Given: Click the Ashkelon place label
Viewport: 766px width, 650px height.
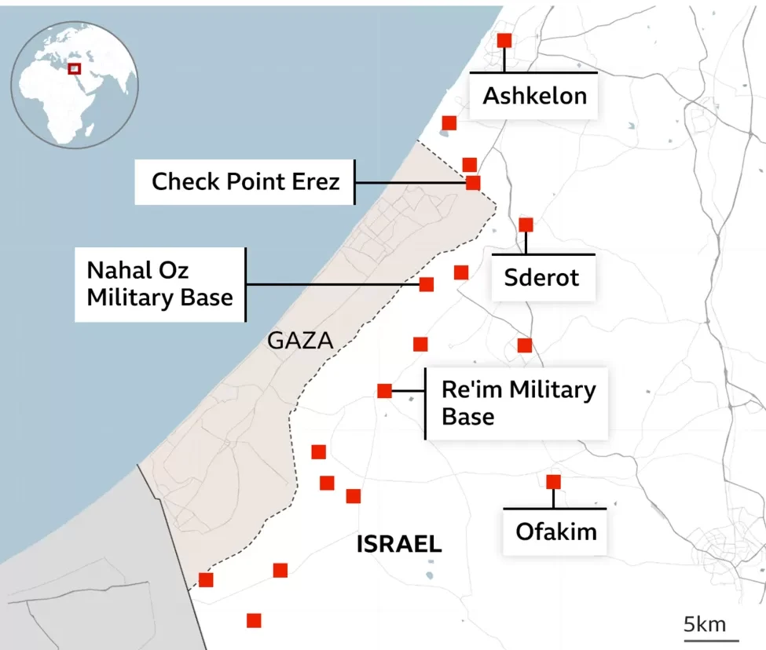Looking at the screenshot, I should point(534,96).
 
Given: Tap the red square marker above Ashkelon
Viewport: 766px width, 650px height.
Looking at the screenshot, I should point(504,40).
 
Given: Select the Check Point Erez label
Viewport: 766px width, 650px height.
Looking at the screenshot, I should point(245,182).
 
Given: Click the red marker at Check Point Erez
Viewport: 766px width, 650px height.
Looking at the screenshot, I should point(473,183).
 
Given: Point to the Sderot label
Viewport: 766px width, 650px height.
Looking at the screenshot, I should point(543,277).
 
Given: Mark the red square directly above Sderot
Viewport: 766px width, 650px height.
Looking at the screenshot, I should point(526,225).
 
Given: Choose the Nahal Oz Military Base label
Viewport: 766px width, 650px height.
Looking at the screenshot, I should point(159,284).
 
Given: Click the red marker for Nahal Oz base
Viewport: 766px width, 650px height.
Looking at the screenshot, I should point(427,284).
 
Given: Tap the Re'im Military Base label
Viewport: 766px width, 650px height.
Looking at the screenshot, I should point(518,402).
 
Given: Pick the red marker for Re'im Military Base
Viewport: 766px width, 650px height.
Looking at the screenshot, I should point(385,390).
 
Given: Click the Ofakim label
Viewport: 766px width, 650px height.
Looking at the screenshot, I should point(555,531).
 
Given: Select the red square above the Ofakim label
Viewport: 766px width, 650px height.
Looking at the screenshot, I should point(553,481).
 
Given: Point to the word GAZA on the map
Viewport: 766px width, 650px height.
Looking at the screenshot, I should point(301,341).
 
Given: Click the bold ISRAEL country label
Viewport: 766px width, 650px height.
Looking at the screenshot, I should point(399,544).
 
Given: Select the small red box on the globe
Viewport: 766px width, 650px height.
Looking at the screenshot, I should point(75,68).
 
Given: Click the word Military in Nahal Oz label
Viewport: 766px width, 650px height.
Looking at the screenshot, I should point(134,298).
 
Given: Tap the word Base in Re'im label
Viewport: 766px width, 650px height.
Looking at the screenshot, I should point(468,416).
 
